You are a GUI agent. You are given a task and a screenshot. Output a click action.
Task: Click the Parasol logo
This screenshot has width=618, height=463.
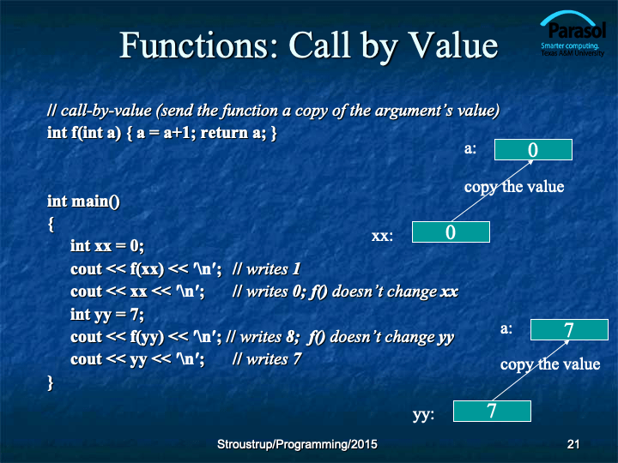(x=573, y=33)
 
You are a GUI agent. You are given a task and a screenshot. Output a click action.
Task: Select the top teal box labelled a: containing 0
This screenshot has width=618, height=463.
(x=533, y=149)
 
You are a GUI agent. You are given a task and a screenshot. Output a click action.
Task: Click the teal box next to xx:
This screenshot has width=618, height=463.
(x=451, y=231)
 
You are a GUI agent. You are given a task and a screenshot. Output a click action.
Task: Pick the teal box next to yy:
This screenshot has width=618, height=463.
(x=492, y=411)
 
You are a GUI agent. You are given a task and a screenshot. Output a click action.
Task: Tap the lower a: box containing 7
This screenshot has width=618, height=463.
(x=569, y=329)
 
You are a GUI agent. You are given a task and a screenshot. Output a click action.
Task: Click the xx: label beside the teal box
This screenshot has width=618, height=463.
(x=382, y=236)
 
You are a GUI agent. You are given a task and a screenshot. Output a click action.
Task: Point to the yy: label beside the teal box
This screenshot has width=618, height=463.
(x=423, y=415)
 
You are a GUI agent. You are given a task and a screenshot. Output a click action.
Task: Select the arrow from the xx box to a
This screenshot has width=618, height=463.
(x=493, y=190)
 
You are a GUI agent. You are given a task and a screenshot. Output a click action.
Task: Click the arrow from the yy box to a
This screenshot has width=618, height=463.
(x=531, y=370)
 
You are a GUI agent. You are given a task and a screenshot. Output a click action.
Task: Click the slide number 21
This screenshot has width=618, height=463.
(x=573, y=444)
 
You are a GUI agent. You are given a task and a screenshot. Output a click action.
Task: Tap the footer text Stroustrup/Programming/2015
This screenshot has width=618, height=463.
(x=297, y=444)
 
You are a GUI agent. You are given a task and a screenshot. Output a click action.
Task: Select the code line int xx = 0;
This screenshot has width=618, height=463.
(x=107, y=246)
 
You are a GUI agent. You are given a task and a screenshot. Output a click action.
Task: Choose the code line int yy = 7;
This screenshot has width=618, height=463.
(x=107, y=315)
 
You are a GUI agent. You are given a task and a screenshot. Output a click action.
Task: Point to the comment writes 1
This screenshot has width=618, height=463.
(x=266, y=269)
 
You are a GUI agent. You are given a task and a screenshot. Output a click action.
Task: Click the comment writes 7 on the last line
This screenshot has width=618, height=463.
(x=267, y=359)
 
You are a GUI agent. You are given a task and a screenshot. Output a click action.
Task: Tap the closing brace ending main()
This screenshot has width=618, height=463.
(x=50, y=382)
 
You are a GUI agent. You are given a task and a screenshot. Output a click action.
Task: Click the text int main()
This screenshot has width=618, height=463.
(x=83, y=201)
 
